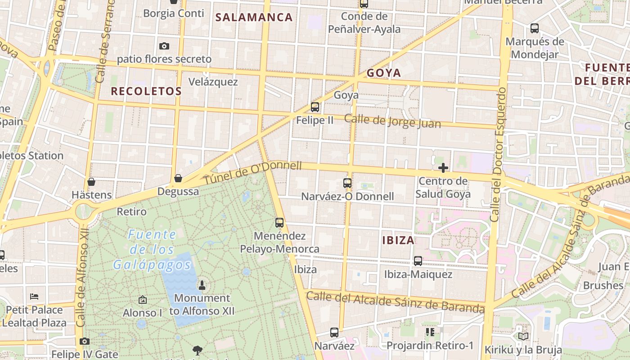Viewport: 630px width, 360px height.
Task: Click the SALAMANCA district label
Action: pos(254,18)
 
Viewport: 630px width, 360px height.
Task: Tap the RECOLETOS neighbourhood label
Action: pos(146,91)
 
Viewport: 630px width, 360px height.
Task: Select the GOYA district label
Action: pos(383,73)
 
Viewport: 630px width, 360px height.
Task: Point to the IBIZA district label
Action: pos(398,240)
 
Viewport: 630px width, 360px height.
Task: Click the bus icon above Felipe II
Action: pos(315,107)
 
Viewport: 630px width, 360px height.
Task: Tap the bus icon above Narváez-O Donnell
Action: pos(347,183)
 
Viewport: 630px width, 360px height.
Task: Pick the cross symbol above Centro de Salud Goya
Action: pos(443,168)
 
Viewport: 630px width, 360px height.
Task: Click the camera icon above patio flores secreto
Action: pos(164,46)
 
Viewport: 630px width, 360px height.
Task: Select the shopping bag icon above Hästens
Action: pos(91,182)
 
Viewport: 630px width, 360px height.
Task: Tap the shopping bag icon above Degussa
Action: pos(178,178)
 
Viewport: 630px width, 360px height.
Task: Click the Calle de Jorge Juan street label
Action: pos(392,121)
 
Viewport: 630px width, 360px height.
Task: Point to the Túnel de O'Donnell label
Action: pos(253,172)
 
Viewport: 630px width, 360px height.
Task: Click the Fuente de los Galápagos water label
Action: pos(152,249)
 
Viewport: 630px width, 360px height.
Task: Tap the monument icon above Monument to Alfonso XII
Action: pos(202,285)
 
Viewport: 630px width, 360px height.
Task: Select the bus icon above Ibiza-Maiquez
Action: pos(418,261)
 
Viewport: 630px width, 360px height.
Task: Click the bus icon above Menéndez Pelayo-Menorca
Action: pos(279,222)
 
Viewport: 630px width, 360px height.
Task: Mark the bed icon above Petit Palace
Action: pos(34,297)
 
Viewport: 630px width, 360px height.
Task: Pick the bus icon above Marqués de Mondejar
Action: pos(535,28)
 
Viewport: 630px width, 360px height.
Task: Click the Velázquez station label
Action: pos(213,82)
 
